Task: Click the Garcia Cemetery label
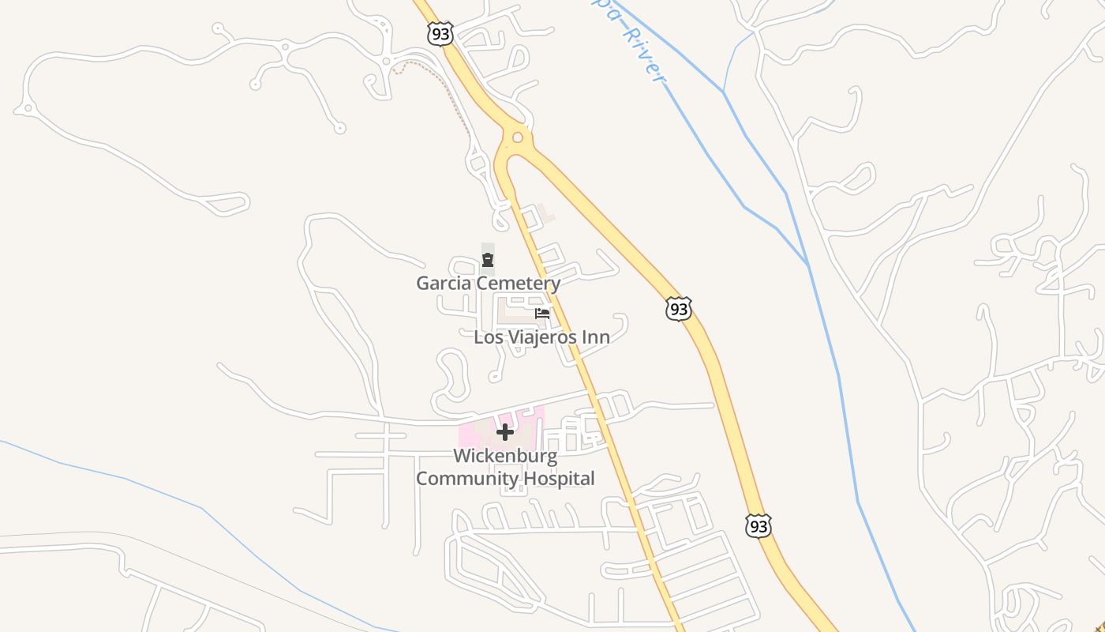489,283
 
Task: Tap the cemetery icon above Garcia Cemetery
488,260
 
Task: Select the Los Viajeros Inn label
541,337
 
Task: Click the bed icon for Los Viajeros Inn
542,314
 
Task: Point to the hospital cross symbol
505,432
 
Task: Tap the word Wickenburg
505,456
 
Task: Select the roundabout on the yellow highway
518,137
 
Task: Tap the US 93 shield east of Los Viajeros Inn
679,310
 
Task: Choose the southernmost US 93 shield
758,525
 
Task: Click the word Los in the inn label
487,337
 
